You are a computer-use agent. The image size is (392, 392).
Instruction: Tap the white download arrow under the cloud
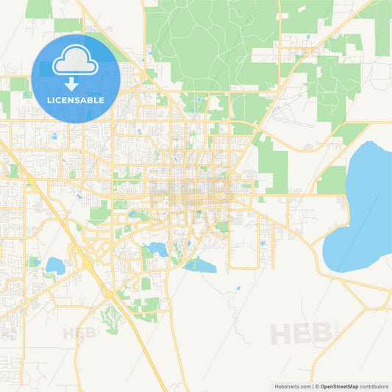click(75, 82)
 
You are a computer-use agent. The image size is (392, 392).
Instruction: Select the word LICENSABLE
click(76, 99)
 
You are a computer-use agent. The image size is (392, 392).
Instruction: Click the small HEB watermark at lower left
click(80, 333)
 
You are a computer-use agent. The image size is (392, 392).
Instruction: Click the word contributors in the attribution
click(374, 385)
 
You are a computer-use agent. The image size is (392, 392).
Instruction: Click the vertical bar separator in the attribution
click(314, 385)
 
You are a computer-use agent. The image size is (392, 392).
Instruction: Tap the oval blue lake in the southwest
click(55, 265)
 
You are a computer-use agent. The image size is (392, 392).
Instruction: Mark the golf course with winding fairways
click(110, 317)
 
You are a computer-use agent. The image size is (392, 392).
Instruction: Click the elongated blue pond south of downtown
click(199, 266)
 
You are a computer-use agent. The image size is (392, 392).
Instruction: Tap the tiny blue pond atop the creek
click(238, 288)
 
